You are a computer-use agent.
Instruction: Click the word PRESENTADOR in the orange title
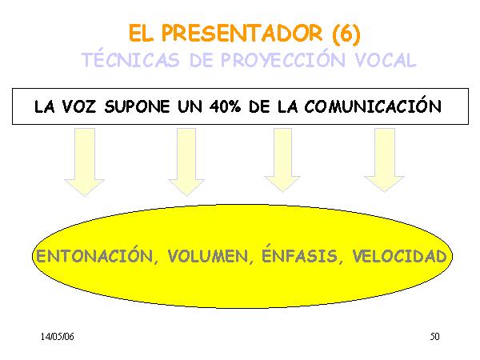[242, 33]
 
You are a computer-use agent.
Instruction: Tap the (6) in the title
[346, 34]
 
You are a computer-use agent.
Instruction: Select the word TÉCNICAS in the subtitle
[130, 59]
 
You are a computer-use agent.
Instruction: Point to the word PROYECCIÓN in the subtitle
[282, 59]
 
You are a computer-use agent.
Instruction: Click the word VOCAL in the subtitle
[386, 60]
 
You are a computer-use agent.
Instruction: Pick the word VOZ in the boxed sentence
[78, 107]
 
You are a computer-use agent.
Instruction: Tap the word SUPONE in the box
[137, 107]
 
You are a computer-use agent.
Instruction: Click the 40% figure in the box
[225, 106]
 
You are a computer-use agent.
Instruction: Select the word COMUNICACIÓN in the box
[373, 106]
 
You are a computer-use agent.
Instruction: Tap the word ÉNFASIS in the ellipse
[300, 254]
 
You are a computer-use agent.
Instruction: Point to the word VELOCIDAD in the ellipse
[399, 256]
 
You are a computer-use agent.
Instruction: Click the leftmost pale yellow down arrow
[85, 162]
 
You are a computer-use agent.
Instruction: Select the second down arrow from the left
[186, 162]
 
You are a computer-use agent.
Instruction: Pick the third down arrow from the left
[282, 160]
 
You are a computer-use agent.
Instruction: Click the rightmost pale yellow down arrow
[385, 160]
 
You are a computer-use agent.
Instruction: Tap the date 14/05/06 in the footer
[58, 337]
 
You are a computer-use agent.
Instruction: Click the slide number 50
[434, 337]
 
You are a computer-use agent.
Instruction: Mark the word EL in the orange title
[141, 33]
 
